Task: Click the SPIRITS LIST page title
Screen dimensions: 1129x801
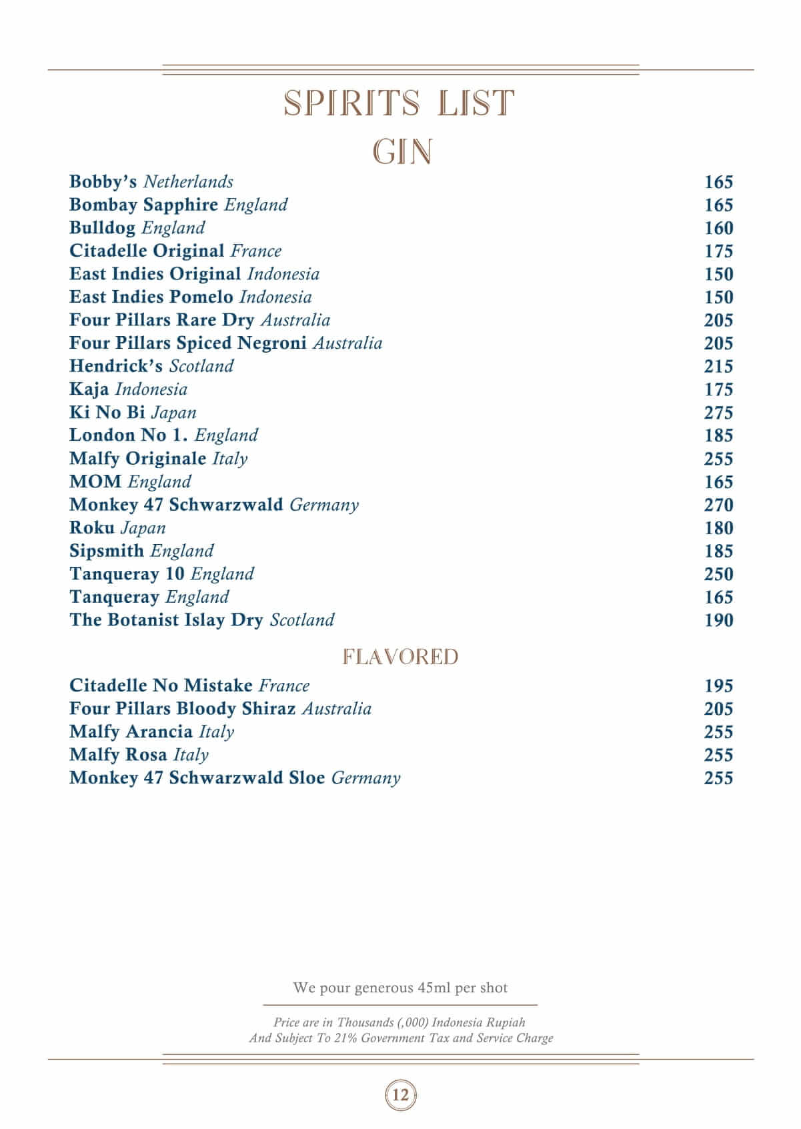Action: coord(399,103)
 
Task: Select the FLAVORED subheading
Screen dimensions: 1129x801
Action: coord(400,657)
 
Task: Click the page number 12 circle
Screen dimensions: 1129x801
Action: coord(401,1095)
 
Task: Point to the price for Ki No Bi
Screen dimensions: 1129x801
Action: coord(718,413)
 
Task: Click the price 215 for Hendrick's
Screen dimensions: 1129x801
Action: coord(718,367)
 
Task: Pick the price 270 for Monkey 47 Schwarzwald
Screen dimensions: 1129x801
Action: coord(718,505)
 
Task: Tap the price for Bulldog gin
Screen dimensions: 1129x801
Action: coord(718,228)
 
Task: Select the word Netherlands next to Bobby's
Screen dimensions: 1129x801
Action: coord(188,182)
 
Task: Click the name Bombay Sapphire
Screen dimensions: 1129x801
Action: coord(143,205)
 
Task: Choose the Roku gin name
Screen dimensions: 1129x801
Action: coord(92,528)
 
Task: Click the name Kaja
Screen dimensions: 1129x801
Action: coord(89,389)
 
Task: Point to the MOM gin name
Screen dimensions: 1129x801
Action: coord(95,482)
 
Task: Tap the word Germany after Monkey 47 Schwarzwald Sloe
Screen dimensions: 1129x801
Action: coord(365,778)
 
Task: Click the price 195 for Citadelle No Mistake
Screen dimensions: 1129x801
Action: coord(718,686)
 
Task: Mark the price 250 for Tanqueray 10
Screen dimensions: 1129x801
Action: coord(718,574)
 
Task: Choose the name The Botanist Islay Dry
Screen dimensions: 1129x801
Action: coord(166,620)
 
